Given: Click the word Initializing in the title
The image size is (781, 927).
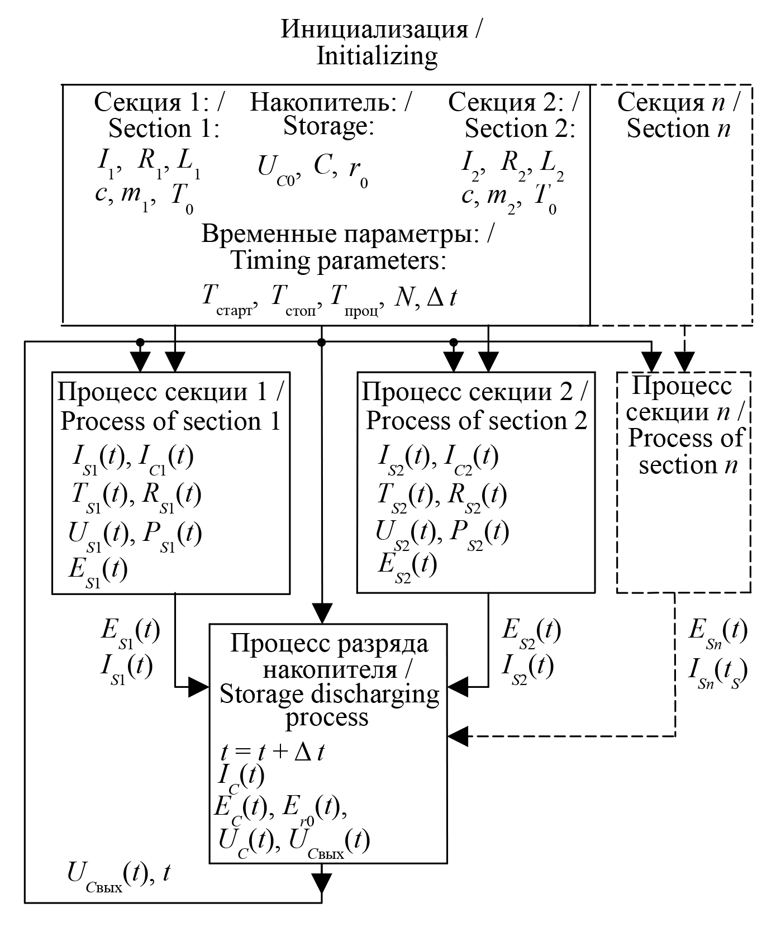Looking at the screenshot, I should (377, 57).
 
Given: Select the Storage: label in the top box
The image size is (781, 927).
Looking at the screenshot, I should (328, 127).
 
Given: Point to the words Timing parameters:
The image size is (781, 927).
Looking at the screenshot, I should (339, 261).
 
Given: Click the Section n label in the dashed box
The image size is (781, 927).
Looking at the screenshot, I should (678, 129).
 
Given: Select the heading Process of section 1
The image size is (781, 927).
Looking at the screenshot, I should (170, 421).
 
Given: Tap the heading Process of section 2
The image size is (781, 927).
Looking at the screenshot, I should (477, 421).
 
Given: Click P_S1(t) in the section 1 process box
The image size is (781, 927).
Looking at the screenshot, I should (172, 535).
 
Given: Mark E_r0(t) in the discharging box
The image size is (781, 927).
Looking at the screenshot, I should (314, 809).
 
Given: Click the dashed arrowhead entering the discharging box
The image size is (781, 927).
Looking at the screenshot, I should (458, 736).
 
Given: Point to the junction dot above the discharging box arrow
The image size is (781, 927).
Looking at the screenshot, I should (321, 341).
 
